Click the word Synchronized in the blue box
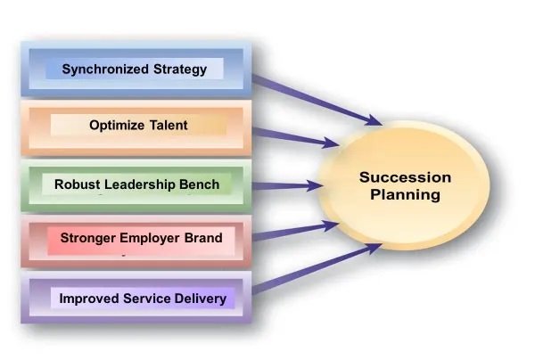(105, 70)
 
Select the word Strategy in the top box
(180, 70)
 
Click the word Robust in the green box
(77, 184)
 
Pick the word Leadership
(140, 184)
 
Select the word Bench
(199, 184)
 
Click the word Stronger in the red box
(87, 238)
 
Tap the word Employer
(150, 238)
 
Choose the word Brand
(203, 238)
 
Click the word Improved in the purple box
(89, 299)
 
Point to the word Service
(147, 299)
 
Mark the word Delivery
(201, 299)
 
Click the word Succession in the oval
(405, 177)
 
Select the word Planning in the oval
(405, 195)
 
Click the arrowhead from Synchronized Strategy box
(374, 120)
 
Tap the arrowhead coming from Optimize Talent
(330, 143)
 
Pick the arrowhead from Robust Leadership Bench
(315, 186)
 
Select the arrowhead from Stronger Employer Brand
(330, 225)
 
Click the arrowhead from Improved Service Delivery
(373, 249)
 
